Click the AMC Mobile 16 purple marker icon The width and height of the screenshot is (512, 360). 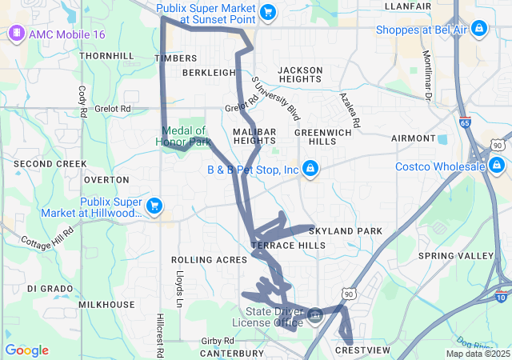tap(14, 34)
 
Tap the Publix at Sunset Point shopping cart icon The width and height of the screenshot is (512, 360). tap(268, 12)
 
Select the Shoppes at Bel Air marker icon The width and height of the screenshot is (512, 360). tap(478, 29)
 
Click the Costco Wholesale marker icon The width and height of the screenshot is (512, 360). tap(498, 166)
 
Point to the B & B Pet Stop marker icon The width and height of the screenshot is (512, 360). tap(310, 170)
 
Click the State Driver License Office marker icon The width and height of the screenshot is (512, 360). tap(315, 316)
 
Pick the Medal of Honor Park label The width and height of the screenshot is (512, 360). tap(184, 136)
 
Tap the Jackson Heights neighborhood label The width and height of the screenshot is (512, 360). tap(300, 75)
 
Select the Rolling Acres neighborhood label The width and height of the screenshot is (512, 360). tap(205, 260)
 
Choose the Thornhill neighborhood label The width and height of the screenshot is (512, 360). tap(107, 56)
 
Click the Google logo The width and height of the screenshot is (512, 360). tap(26, 350)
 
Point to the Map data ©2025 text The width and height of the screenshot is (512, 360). tap(478, 354)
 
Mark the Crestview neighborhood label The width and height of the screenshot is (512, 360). tap(362, 350)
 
